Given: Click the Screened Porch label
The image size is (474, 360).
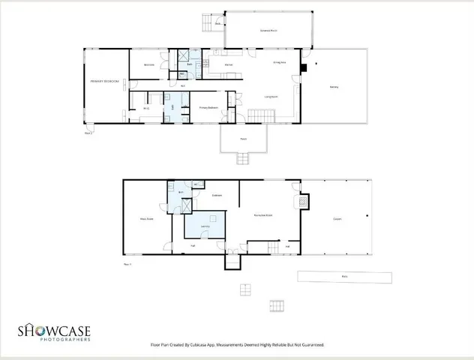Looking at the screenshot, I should (x=269, y=31).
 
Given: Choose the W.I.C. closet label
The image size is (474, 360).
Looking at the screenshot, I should (x=146, y=109).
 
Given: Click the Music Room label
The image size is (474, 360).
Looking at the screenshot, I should (x=146, y=219).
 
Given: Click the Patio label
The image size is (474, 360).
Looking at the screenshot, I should (x=344, y=277).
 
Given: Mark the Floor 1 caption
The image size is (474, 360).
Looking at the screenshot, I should (x=127, y=264).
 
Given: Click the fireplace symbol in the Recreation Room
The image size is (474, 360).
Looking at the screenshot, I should (x=302, y=202).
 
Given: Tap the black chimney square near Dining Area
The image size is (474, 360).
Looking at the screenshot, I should (x=302, y=67).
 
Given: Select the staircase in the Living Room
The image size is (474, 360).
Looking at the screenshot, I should (x=259, y=115).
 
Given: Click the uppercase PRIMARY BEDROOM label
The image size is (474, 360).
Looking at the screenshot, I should (x=105, y=80).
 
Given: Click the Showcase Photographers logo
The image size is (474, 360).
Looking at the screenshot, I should (x=55, y=331).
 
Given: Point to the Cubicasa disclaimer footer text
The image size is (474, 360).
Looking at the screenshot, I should (x=237, y=345).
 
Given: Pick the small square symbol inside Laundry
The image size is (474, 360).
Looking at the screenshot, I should (x=212, y=217).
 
